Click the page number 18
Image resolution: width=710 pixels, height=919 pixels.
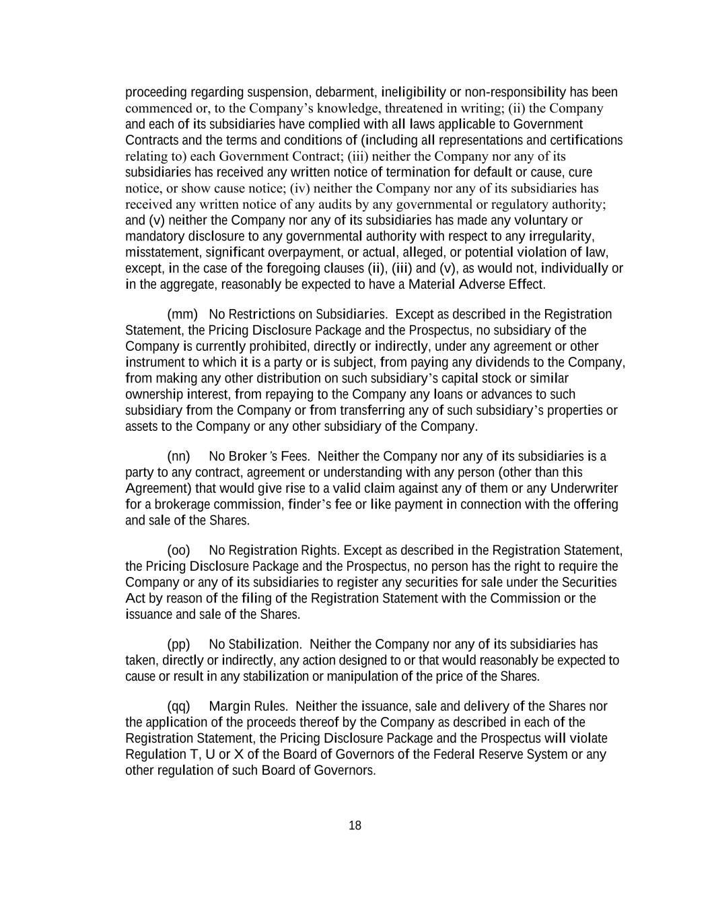click(355, 825)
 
